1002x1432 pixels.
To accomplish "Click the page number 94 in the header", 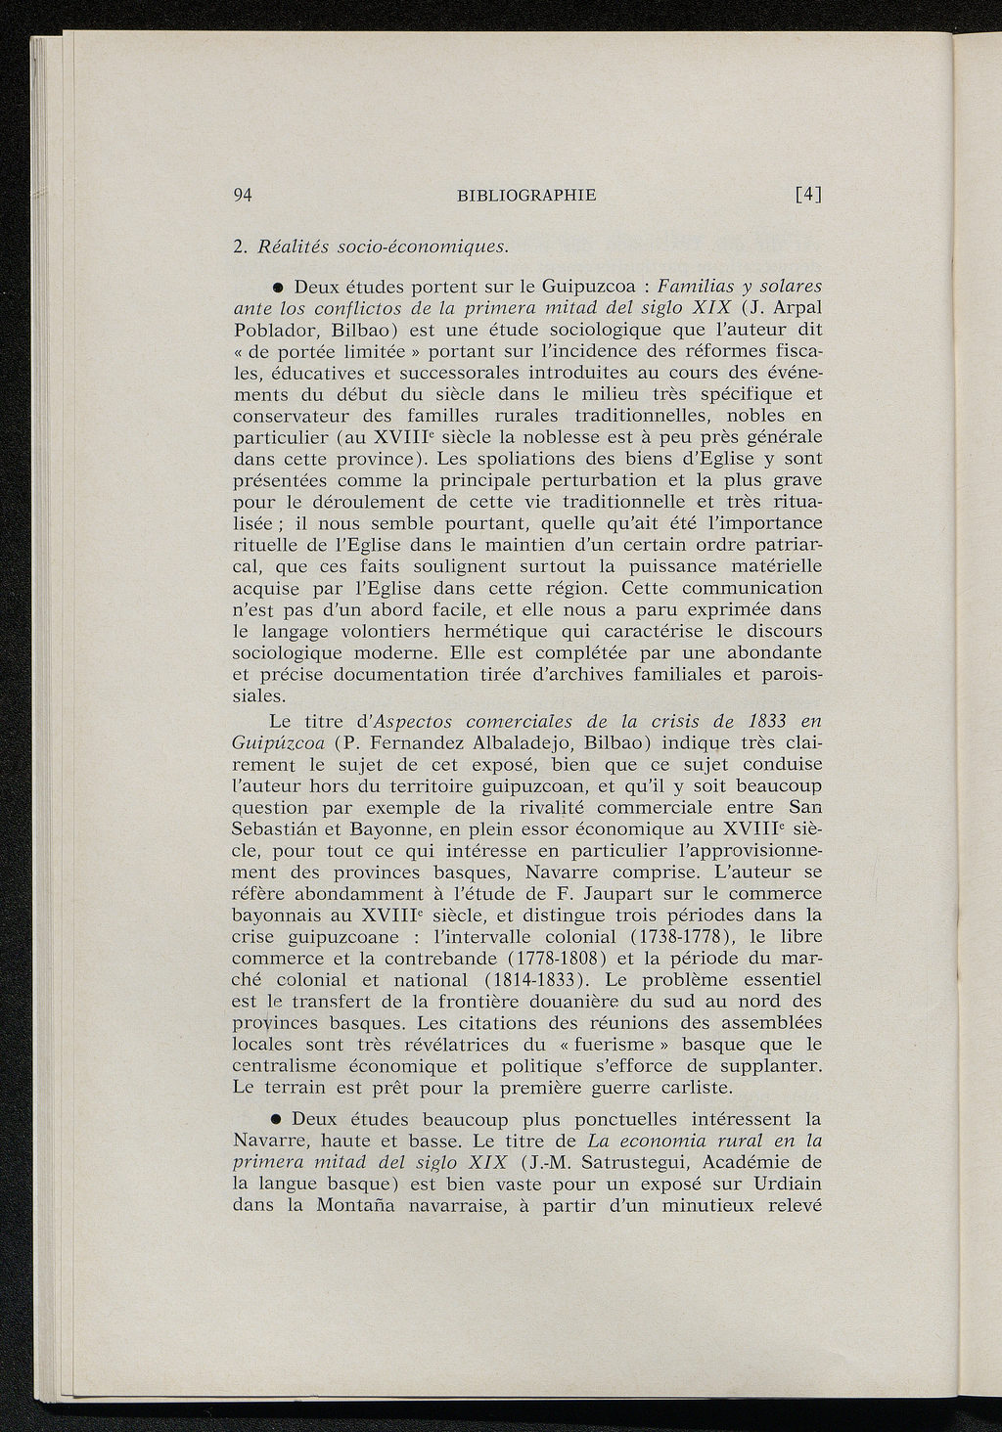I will click(245, 194).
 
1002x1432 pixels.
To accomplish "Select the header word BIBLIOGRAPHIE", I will click(526, 195).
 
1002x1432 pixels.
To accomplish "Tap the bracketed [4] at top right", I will click(807, 194).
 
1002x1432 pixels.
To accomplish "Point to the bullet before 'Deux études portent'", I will click(278, 289).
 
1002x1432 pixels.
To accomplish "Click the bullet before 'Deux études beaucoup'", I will click(277, 1118).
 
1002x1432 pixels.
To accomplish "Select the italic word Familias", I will click(698, 287).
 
